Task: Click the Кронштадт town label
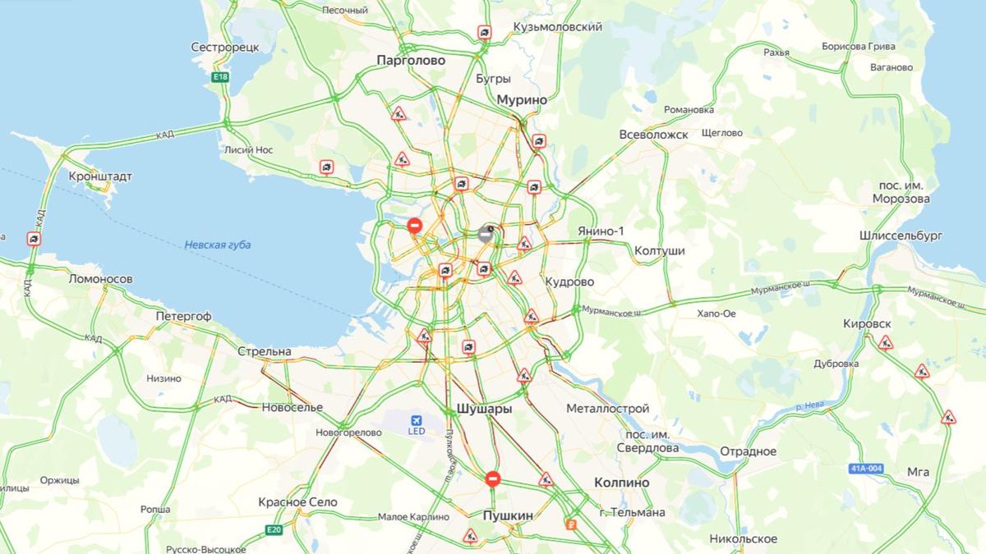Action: coord(100,176)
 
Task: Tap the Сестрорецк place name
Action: coord(224,48)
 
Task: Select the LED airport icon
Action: coord(417,424)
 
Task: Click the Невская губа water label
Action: coord(217,245)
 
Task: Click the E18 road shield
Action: coord(219,77)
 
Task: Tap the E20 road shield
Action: coord(274,530)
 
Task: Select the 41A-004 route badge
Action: coord(866,469)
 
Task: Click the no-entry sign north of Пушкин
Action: coord(492,478)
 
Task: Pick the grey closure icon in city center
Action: coord(486,234)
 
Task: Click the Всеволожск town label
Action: coord(653,135)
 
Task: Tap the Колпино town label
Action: coord(621,483)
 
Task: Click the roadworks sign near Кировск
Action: coord(885,343)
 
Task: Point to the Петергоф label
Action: coord(183,316)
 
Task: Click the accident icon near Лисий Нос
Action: coord(327,167)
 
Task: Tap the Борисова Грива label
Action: coord(858,46)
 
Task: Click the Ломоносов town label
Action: coord(100,279)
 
